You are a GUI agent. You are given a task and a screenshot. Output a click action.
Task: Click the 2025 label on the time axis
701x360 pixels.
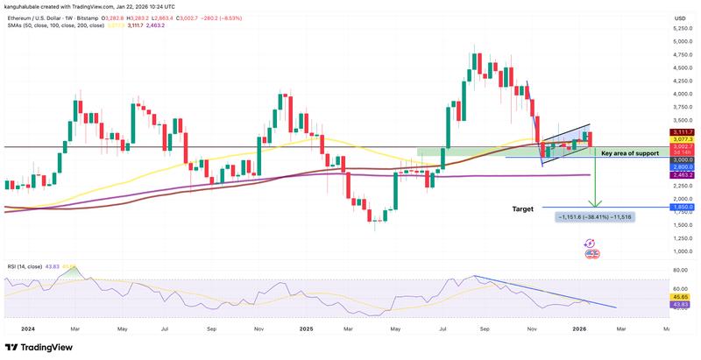click(306, 329)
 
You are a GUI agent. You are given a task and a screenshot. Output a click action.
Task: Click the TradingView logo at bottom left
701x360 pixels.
click(39, 346)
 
